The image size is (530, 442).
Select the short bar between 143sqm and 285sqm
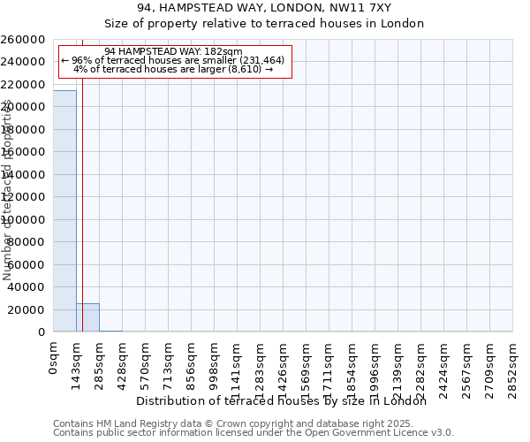point(87,317)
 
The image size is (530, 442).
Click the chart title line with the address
point(264,8)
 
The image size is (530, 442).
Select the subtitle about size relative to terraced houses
point(264,24)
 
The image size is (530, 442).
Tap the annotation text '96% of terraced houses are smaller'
point(172,60)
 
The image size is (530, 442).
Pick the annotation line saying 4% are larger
point(172,69)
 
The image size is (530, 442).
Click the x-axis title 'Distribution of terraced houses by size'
point(282,401)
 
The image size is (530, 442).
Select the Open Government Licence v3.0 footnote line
point(254,433)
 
